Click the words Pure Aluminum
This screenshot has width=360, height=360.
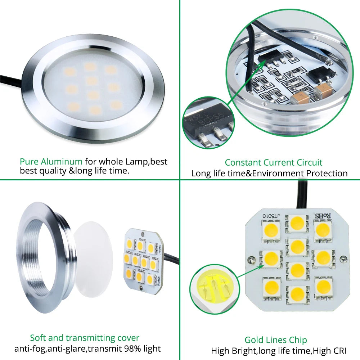51,162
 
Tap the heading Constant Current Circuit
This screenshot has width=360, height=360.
274,162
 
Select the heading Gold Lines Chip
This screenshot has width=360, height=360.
276,340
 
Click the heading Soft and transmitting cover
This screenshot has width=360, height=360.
85,338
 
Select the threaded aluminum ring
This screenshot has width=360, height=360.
41,252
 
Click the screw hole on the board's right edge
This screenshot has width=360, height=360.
344,258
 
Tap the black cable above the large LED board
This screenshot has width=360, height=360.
302,194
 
